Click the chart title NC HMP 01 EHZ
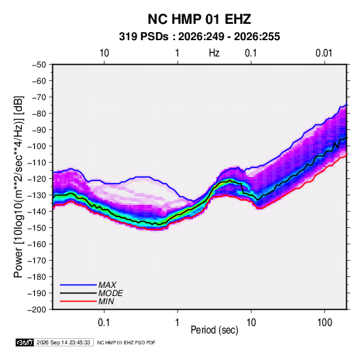click(199, 19)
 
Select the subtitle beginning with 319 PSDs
click(199, 37)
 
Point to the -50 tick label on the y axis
click(39, 65)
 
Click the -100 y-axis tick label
click(37, 146)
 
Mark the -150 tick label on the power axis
click(37, 228)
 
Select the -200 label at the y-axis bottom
click(37, 310)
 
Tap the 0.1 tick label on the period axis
click(104, 323)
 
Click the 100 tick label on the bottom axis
click(325, 323)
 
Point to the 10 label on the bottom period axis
click(251, 323)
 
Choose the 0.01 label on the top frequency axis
click(324, 53)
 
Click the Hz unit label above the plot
click(214, 53)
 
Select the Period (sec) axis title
click(214, 330)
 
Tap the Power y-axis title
click(18, 187)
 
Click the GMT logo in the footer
click(24, 342)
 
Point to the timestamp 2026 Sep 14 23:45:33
click(63, 342)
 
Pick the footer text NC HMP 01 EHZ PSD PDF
click(126, 342)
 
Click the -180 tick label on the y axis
click(37, 277)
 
